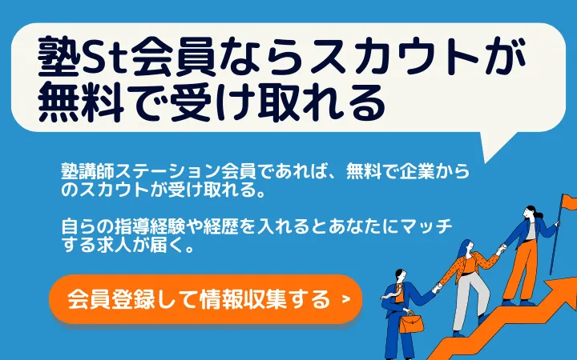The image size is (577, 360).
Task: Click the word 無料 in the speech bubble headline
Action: [81, 103]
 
